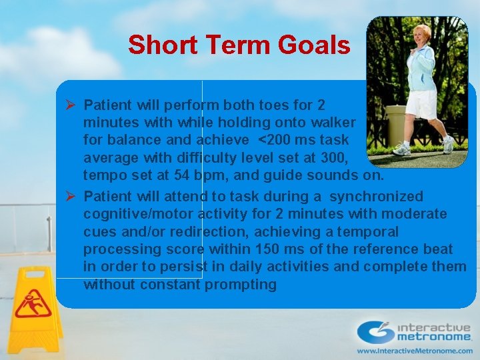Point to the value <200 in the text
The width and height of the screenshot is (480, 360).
(x=273, y=140)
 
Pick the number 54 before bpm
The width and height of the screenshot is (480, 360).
(x=179, y=175)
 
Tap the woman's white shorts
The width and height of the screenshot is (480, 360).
(x=420, y=103)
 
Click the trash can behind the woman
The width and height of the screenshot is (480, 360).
(x=397, y=123)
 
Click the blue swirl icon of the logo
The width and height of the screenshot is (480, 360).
(x=375, y=331)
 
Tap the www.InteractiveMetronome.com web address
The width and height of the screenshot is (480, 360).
(x=413, y=350)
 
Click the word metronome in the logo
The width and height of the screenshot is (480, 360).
(x=433, y=338)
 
